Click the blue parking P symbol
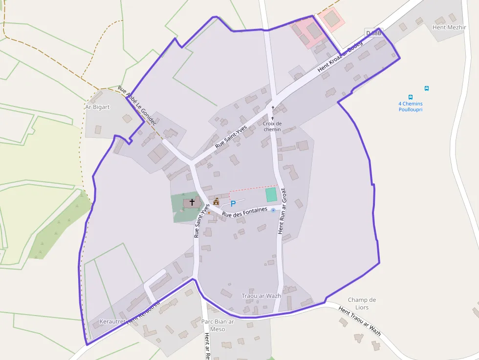[233, 204]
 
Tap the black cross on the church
[192, 201]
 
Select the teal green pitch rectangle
[271, 195]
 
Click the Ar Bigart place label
[97, 106]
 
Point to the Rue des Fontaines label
[245, 212]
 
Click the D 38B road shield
[373, 33]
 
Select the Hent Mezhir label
[447, 27]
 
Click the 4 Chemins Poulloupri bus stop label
[411, 106]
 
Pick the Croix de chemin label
[272, 127]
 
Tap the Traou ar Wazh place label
[261, 296]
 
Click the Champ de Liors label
[362, 303]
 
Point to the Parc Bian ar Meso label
[218, 325]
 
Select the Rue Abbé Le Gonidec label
[137, 106]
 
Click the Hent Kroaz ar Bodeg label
[340, 57]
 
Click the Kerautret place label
[112, 321]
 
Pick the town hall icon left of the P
[216, 201]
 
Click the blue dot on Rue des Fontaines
[273, 210]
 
